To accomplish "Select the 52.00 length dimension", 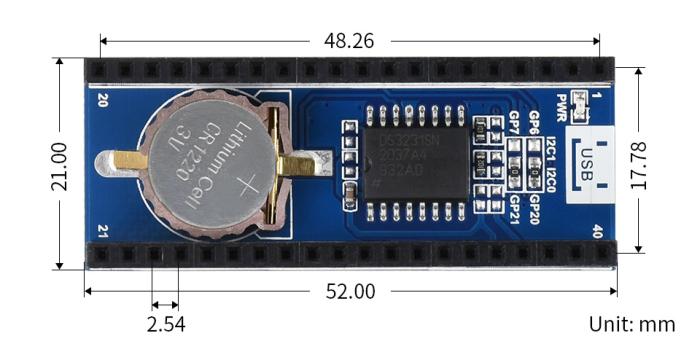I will [x=351, y=291].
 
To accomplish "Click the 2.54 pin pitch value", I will [x=165, y=324].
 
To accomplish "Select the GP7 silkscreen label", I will [x=513, y=123].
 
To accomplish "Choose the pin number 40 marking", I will [x=597, y=230].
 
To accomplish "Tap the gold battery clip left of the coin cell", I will [x=116, y=159].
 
